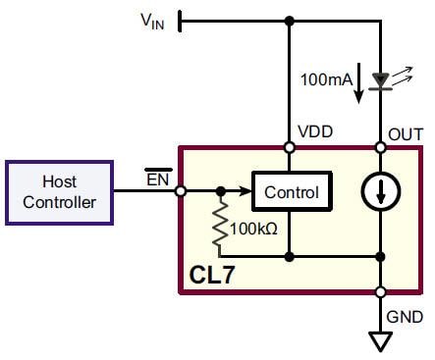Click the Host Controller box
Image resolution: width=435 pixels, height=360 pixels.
click(59, 191)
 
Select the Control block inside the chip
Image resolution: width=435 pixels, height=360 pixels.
click(292, 192)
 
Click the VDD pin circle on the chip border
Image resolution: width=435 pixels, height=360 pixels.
click(290, 148)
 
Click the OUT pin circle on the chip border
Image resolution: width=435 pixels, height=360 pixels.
click(379, 148)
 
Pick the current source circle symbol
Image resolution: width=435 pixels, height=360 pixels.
click(379, 192)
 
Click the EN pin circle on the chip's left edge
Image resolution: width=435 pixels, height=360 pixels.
click(181, 192)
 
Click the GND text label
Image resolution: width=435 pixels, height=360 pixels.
click(406, 316)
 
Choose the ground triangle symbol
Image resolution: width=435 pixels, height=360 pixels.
click(379, 340)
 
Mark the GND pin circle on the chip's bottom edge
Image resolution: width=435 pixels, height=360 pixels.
click(379, 292)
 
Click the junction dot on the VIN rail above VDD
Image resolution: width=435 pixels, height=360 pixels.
click(290, 21)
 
